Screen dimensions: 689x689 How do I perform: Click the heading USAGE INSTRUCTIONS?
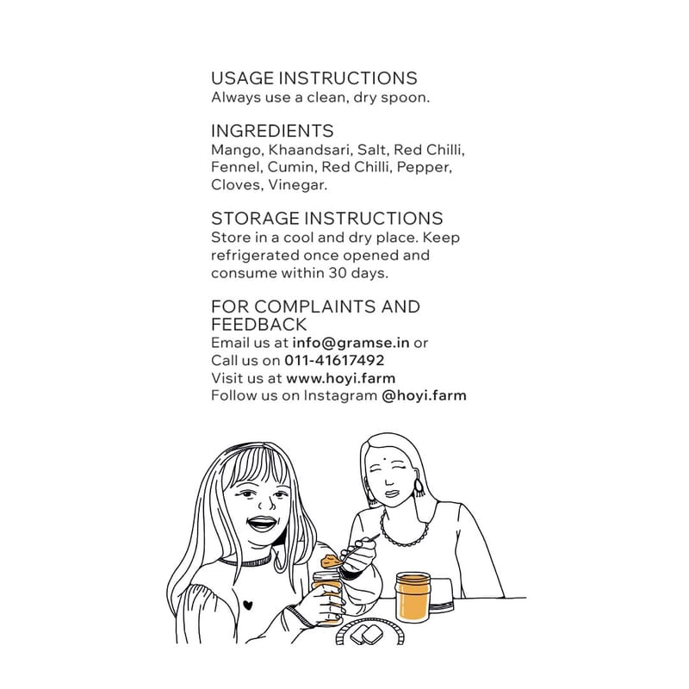[313, 78]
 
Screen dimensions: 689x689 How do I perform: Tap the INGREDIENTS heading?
[272, 131]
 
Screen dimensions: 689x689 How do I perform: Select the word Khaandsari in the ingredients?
[309, 149]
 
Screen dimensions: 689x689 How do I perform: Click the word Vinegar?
[297, 185]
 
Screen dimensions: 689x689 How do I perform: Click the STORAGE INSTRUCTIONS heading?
[327, 219]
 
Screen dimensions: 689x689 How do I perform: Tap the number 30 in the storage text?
[338, 273]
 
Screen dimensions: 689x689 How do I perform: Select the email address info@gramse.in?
[351, 343]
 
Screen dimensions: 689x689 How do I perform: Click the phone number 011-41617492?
[334, 360]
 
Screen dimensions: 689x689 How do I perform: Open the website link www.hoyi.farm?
[340, 378]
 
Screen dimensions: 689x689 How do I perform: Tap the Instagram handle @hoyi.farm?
[424, 395]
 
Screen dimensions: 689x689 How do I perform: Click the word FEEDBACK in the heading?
[258, 325]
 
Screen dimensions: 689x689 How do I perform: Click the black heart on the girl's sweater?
[248, 605]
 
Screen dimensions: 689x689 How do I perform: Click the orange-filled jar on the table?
[413, 596]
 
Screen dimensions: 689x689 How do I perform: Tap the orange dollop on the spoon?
[331, 562]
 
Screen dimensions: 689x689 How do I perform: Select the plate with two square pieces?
[369, 631]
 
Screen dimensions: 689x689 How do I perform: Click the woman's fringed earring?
[419, 487]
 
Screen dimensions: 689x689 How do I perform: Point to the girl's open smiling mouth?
[263, 524]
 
